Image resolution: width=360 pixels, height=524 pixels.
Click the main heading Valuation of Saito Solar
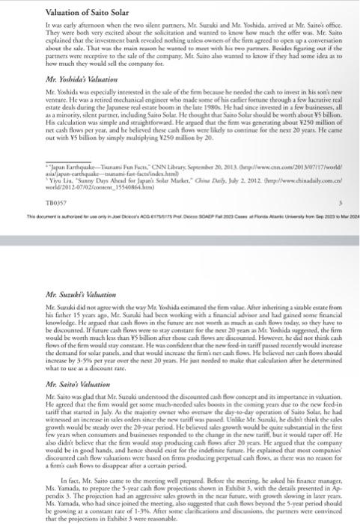point(56,10)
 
